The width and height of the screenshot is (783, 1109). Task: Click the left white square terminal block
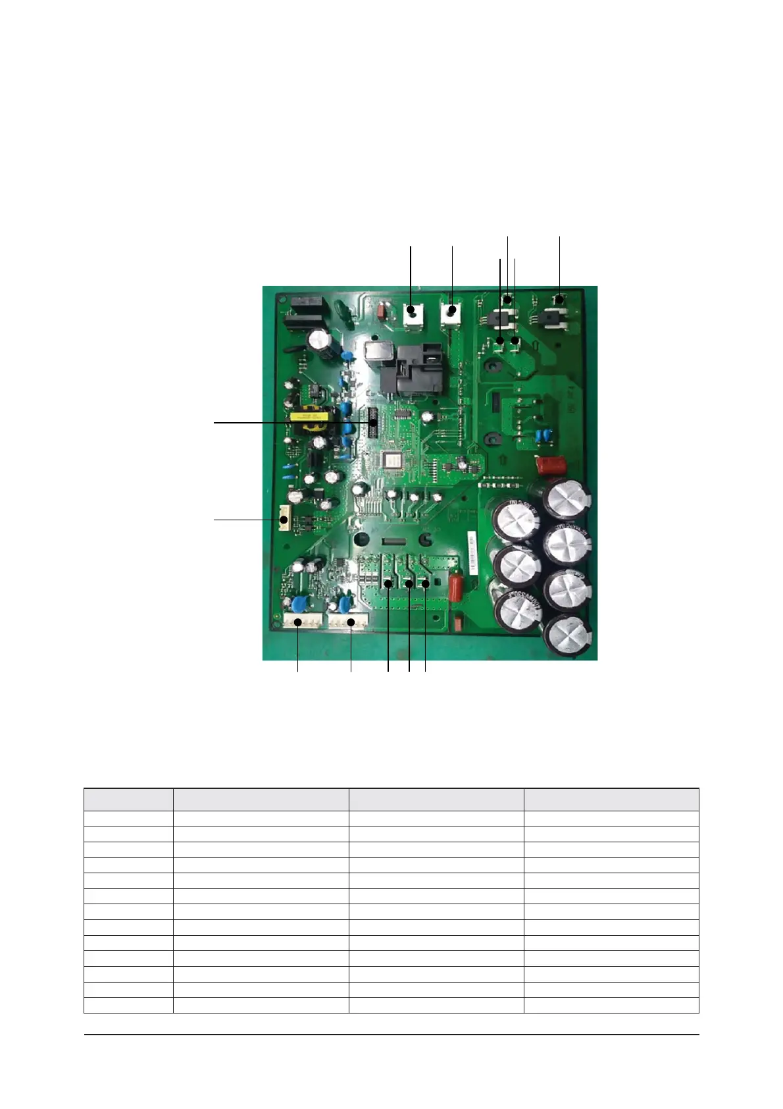413,314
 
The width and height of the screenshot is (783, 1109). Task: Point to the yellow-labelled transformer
314,421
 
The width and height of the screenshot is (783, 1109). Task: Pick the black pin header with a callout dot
373,423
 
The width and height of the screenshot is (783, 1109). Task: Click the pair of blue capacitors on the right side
543,435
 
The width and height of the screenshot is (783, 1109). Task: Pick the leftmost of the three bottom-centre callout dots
389,584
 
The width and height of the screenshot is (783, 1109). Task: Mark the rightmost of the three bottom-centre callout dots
426,584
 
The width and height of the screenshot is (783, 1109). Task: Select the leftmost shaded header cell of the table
128,799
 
